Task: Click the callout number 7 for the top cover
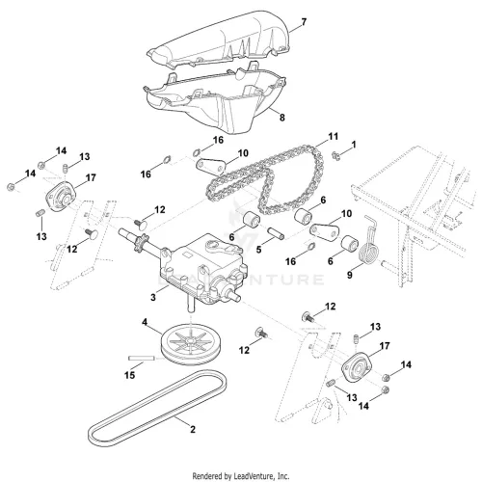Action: (304, 22)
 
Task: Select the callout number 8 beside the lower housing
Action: (281, 118)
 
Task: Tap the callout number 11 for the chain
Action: (333, 137)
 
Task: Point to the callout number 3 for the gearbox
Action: (153, 297)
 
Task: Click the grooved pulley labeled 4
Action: (187, 345)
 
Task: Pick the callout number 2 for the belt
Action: (193, 429)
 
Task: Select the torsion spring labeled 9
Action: (369, 241)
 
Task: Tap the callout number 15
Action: (130, 375)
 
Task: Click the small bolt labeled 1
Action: (336, 156)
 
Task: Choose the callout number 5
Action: (258, 250)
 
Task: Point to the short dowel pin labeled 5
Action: (276, 233)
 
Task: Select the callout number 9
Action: (350, 275)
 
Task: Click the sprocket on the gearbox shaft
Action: (142, 240)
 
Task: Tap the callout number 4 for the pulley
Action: (145, 322)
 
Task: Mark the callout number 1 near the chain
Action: (354, 145)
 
